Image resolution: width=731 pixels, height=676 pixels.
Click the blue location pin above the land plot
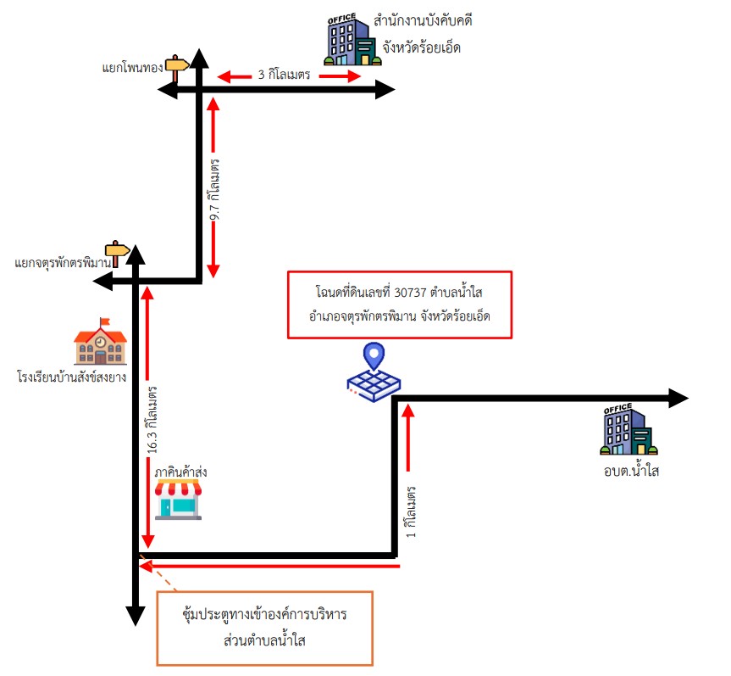(x=374, y=355)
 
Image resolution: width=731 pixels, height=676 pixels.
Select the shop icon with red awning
(x=178, y=499)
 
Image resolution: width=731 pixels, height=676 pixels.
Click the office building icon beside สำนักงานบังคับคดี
(x=353, y=40)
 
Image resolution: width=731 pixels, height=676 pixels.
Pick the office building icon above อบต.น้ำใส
(x=629, y=429)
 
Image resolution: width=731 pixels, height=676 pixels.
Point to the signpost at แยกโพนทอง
(x=177, y=68)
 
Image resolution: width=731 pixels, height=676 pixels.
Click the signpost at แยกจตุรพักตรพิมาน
(x=117, y=254)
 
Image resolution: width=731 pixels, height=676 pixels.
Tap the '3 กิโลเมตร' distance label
(x=284, y=75)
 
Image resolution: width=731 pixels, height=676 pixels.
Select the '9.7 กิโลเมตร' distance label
(x=214, y=189)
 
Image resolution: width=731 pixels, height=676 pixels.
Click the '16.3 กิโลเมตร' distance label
(x=152, y=420)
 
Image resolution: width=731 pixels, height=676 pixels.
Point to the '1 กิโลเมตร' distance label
(x=410, y=511)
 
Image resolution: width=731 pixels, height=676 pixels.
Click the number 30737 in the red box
(x=410, y=293)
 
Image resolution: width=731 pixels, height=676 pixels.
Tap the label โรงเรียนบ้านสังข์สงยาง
(x=71, y=377)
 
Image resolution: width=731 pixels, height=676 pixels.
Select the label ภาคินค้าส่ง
(x=180, y=472)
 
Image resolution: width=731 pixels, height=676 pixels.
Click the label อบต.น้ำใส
(x=631, y=470)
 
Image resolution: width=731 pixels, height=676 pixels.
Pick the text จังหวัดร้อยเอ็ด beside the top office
(x=422, y=47)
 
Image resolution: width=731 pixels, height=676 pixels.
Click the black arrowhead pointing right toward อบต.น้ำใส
(x=678, y=399)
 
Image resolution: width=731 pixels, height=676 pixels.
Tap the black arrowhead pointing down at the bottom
(x=136, y=616)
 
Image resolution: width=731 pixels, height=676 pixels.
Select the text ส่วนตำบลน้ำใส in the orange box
(x=264, y=640)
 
